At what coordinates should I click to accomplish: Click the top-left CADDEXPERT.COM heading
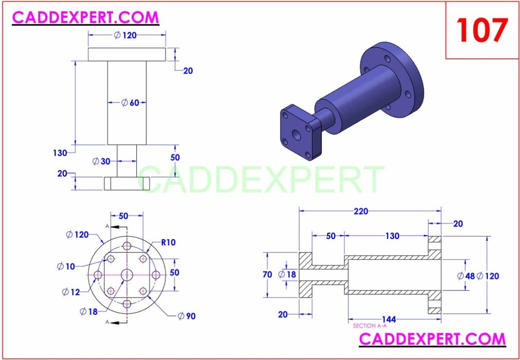click(x=86, y=17)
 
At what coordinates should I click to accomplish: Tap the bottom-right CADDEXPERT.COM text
click(x=432, y=339)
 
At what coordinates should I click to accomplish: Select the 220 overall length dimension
click(x=361, y=211)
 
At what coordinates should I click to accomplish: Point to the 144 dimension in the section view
click(x=389, y=319)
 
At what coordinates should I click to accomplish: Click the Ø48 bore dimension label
click(x=467, y=276)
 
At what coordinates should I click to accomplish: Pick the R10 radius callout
click(x=168, y=243)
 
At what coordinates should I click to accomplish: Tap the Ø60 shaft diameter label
click(x=131, y=102)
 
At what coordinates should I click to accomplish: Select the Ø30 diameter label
click(x=101, y=161)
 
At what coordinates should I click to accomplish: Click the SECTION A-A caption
click(x=370, y=326)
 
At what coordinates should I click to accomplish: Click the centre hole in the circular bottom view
click(x=127, y=274)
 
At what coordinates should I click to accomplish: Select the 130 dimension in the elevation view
click(x=60, y=153)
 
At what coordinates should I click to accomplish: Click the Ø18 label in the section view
click(x=287, y=274)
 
